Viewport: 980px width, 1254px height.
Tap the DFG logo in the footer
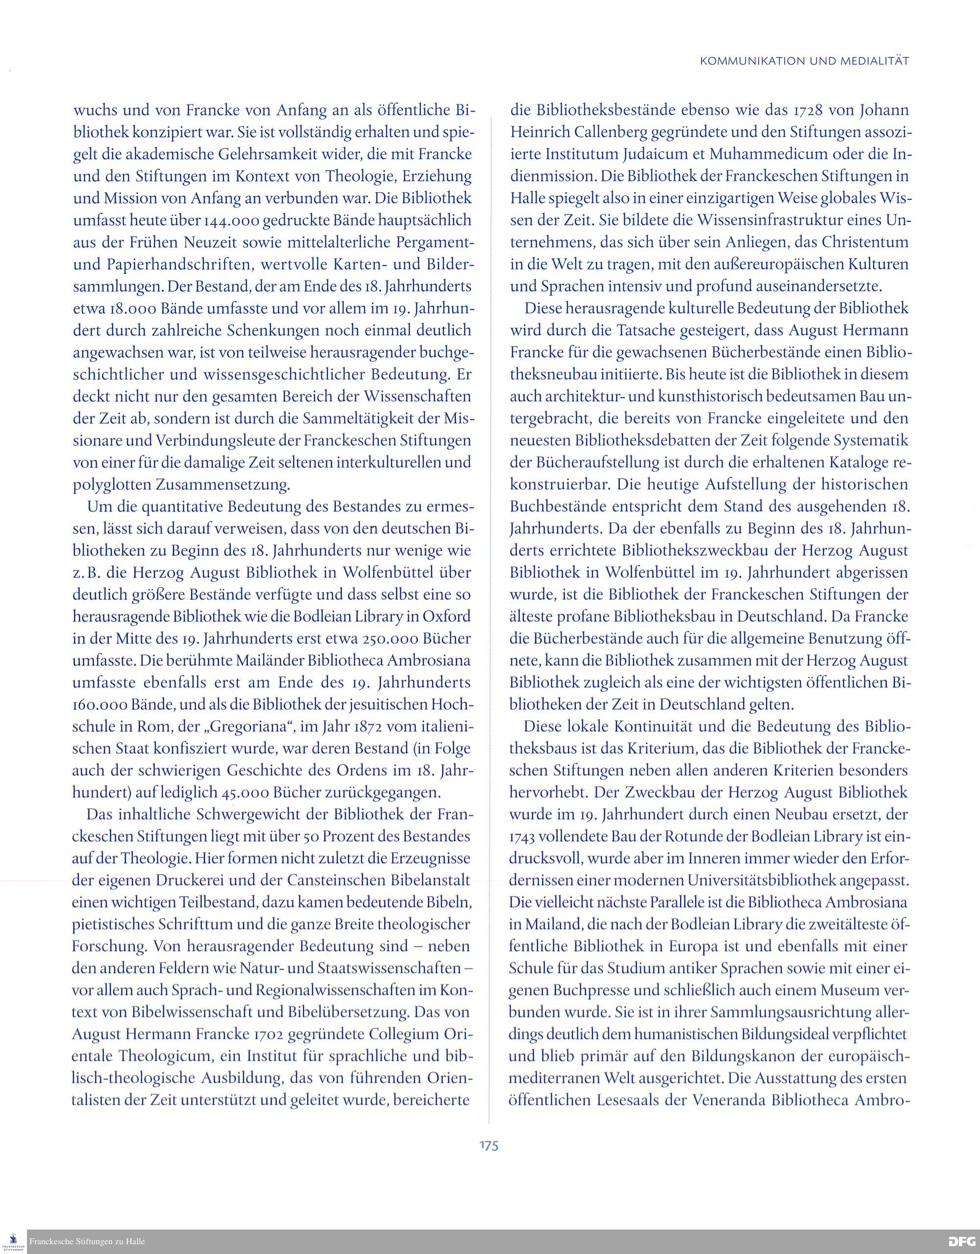click(x=963, y=1241)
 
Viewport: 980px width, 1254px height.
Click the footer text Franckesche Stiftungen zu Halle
click(x=87, y=1241)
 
